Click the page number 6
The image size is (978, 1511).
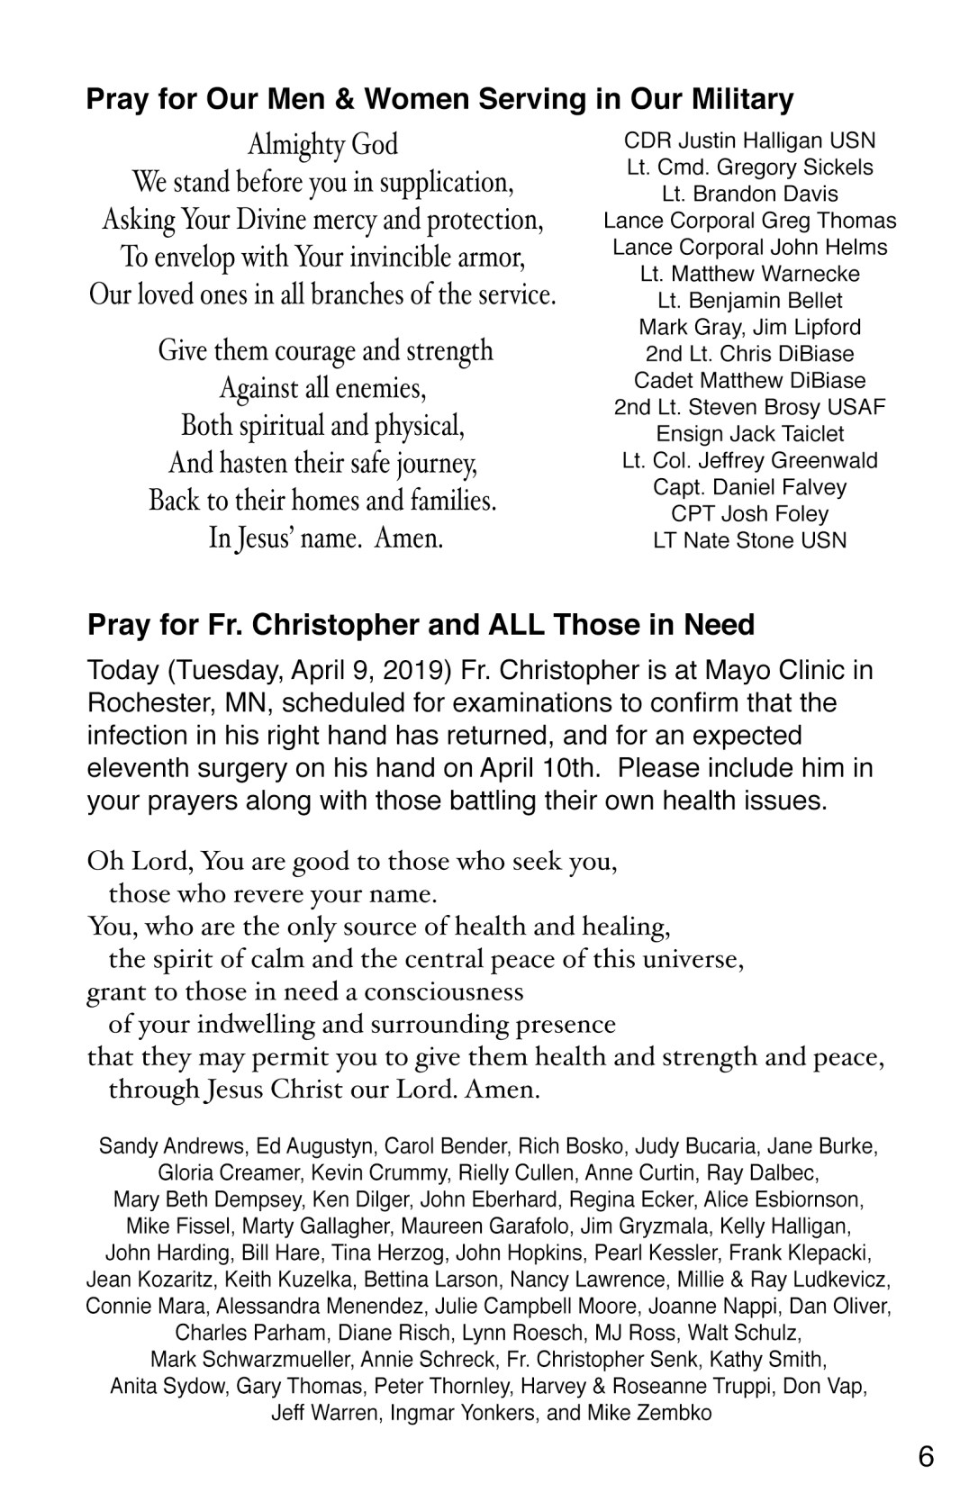(926, 1456)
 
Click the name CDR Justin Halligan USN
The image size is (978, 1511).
(749, 140)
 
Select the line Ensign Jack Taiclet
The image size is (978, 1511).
(749, 434)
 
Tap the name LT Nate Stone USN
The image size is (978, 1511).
(749, 540)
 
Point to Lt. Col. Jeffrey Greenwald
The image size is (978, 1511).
(749, 460)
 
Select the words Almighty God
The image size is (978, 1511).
(322, 144)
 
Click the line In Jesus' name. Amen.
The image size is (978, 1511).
(326, 538)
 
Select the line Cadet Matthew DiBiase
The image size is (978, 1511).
(749, 380)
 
